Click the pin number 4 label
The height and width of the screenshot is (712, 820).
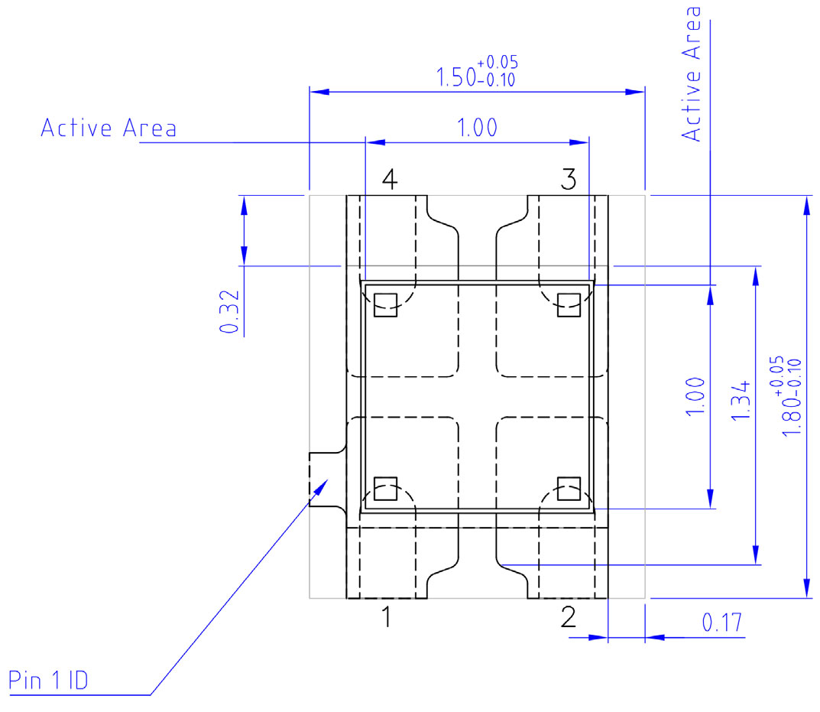pyautogui.click(x=389, y=180)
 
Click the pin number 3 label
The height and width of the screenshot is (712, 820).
pyautogui.click(x=568, y=180)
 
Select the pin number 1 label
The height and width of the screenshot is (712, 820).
pyautogui.click(x=387, y=616)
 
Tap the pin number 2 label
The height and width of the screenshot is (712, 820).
pyautogui.click(x=568, y=616)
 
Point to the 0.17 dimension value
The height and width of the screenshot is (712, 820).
pyautogui.click(x=722, y=623)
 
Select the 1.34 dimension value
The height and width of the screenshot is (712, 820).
pyautogui.click(x=741, y=399)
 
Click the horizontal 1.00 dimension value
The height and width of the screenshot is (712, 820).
pyautogui.click(x=477, y=128)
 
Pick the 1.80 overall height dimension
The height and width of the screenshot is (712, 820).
pyautogui.click(x=792, y=396)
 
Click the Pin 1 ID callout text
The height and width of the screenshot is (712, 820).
pyautogui.click(x=47, y=680)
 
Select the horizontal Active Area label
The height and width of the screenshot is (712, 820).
pyautogui.click(x=108, y=128)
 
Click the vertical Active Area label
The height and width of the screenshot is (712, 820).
pyautogui.click(x=692, y=73)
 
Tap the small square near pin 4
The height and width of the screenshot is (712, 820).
pyautogui.click(x=386, y=304)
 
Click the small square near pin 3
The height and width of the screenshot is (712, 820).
pyautogui.click(x=569, y=304)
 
